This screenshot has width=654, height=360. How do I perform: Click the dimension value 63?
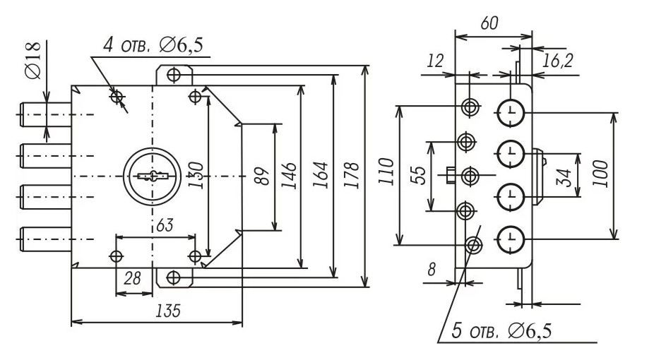pyautogui.click(x=165, y=227)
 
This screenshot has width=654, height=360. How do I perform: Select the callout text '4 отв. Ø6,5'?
pyautogui.click(x=153, y=46)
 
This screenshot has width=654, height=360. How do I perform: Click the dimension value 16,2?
pyautogui.click(x=557, y=62)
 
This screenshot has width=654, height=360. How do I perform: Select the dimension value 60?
pyautogui.click(x=489, y=23)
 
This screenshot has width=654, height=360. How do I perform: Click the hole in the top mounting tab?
pyautogui.click(x=174, y=73)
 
